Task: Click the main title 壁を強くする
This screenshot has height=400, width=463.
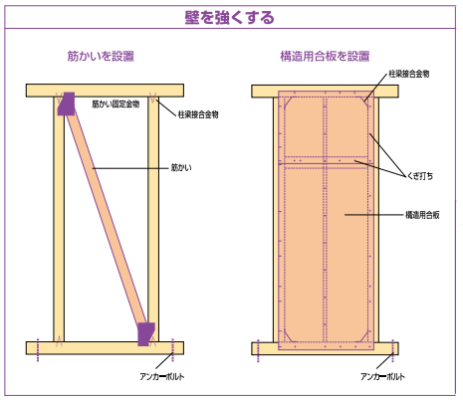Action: tap(229, 17)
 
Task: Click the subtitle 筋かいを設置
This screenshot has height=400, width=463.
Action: tap(101, 56)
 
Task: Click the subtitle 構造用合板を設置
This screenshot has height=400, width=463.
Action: tap(325, 56)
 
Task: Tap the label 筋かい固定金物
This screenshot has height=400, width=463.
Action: tap(116, 104)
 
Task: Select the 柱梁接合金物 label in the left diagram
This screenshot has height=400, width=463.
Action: tap(198, 114)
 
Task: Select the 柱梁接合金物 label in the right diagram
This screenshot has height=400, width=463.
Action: tap(409, 74)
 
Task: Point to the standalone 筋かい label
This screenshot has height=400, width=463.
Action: tap(181, 168)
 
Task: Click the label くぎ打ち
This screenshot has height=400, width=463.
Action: tap(420, 176)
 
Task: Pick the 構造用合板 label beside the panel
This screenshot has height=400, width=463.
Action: tap(422, 215)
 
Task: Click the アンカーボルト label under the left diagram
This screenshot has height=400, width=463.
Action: tap(162, 376)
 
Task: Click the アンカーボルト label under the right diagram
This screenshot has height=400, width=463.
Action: tap(382, 376)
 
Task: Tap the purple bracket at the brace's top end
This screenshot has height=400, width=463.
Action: tap(67, 103)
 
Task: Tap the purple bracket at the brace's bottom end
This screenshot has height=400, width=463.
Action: tap(146, 334)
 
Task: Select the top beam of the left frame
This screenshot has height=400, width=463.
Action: tap(105, 91)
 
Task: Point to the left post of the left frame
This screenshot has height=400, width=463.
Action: tap(59, 219)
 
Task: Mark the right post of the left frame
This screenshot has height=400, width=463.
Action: tap(153, 219)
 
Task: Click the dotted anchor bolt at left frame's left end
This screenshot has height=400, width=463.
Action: tap(38, 350)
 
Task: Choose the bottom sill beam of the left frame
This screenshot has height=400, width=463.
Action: tap(105, 348)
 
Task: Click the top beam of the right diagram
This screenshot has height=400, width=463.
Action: tap(325, 92)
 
